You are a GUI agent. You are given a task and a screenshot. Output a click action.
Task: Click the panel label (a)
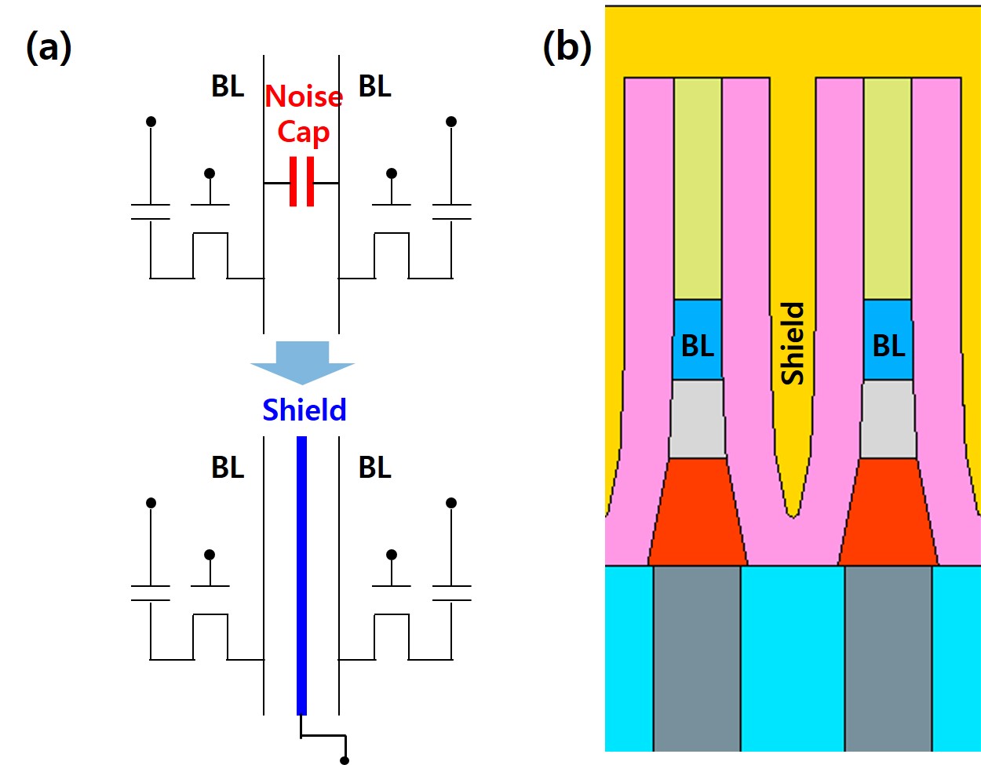click(49, 48)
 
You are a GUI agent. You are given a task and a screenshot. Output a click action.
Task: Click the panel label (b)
click(567, 48)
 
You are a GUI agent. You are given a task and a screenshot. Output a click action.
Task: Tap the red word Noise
click(304, 97)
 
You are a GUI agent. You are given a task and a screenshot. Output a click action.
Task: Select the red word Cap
click(303, 132)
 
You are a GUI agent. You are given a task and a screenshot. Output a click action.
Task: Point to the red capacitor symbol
click(301, 182)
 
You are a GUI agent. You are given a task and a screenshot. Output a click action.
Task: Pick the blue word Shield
click(304, 410)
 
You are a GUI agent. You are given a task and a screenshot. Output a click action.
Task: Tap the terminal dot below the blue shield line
click(345, 760)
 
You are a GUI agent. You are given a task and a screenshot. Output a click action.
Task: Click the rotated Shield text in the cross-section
click(793, 344)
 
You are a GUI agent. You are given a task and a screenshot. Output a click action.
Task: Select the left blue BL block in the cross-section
click(698, 340)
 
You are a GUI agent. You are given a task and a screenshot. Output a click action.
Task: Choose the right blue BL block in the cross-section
click(888, 340)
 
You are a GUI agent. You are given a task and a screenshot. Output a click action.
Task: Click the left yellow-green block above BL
click(698, 188)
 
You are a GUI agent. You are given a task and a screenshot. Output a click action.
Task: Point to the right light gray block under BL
click(888, 419)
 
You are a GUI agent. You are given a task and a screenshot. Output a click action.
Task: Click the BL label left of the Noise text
click(228, 86)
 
